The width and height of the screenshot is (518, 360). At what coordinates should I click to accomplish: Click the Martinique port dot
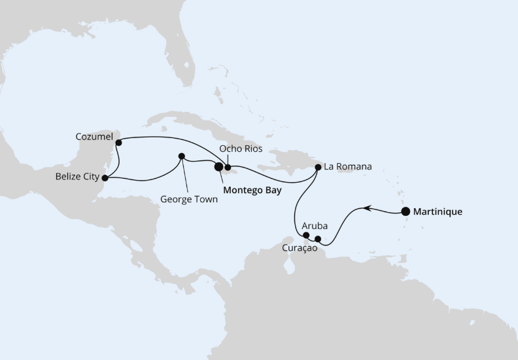pyautogui.click(x=406, y=211)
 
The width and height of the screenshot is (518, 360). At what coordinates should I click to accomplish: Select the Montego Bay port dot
pyautogui.click(x=218, y=167)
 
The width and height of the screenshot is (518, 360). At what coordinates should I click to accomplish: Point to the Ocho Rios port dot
pyautogui.click(x=228, y=167)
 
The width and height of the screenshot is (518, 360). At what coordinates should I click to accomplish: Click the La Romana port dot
pyautogui.click(x=318, y=167)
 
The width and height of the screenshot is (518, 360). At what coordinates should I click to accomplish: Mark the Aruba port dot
pyautogui.click(x=306, y=235)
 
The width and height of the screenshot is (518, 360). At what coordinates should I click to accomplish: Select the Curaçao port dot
pyautogui.click(x=318, y=239)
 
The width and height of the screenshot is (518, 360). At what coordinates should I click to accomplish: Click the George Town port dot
pyautogui.click(x=182, y=156)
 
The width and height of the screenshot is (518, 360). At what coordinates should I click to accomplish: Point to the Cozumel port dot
pyautogui.click(x=118, y=142)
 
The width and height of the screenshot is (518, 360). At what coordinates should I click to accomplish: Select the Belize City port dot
pyautogui.click(x=105, y=177)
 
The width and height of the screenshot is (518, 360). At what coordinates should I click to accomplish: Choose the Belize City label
pyautogui.click(x=77, y=177)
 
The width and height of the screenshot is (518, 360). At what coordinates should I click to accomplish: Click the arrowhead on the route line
pyautogui.click(x=368, y=208)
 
